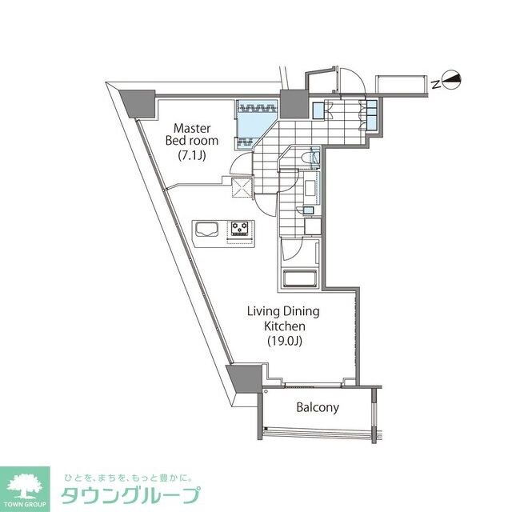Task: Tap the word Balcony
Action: coord(318,407)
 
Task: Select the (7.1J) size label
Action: coord(191,156)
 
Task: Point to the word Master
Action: coord(192,127)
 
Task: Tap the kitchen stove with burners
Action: coord(239,229)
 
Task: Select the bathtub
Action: coord(301,280)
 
